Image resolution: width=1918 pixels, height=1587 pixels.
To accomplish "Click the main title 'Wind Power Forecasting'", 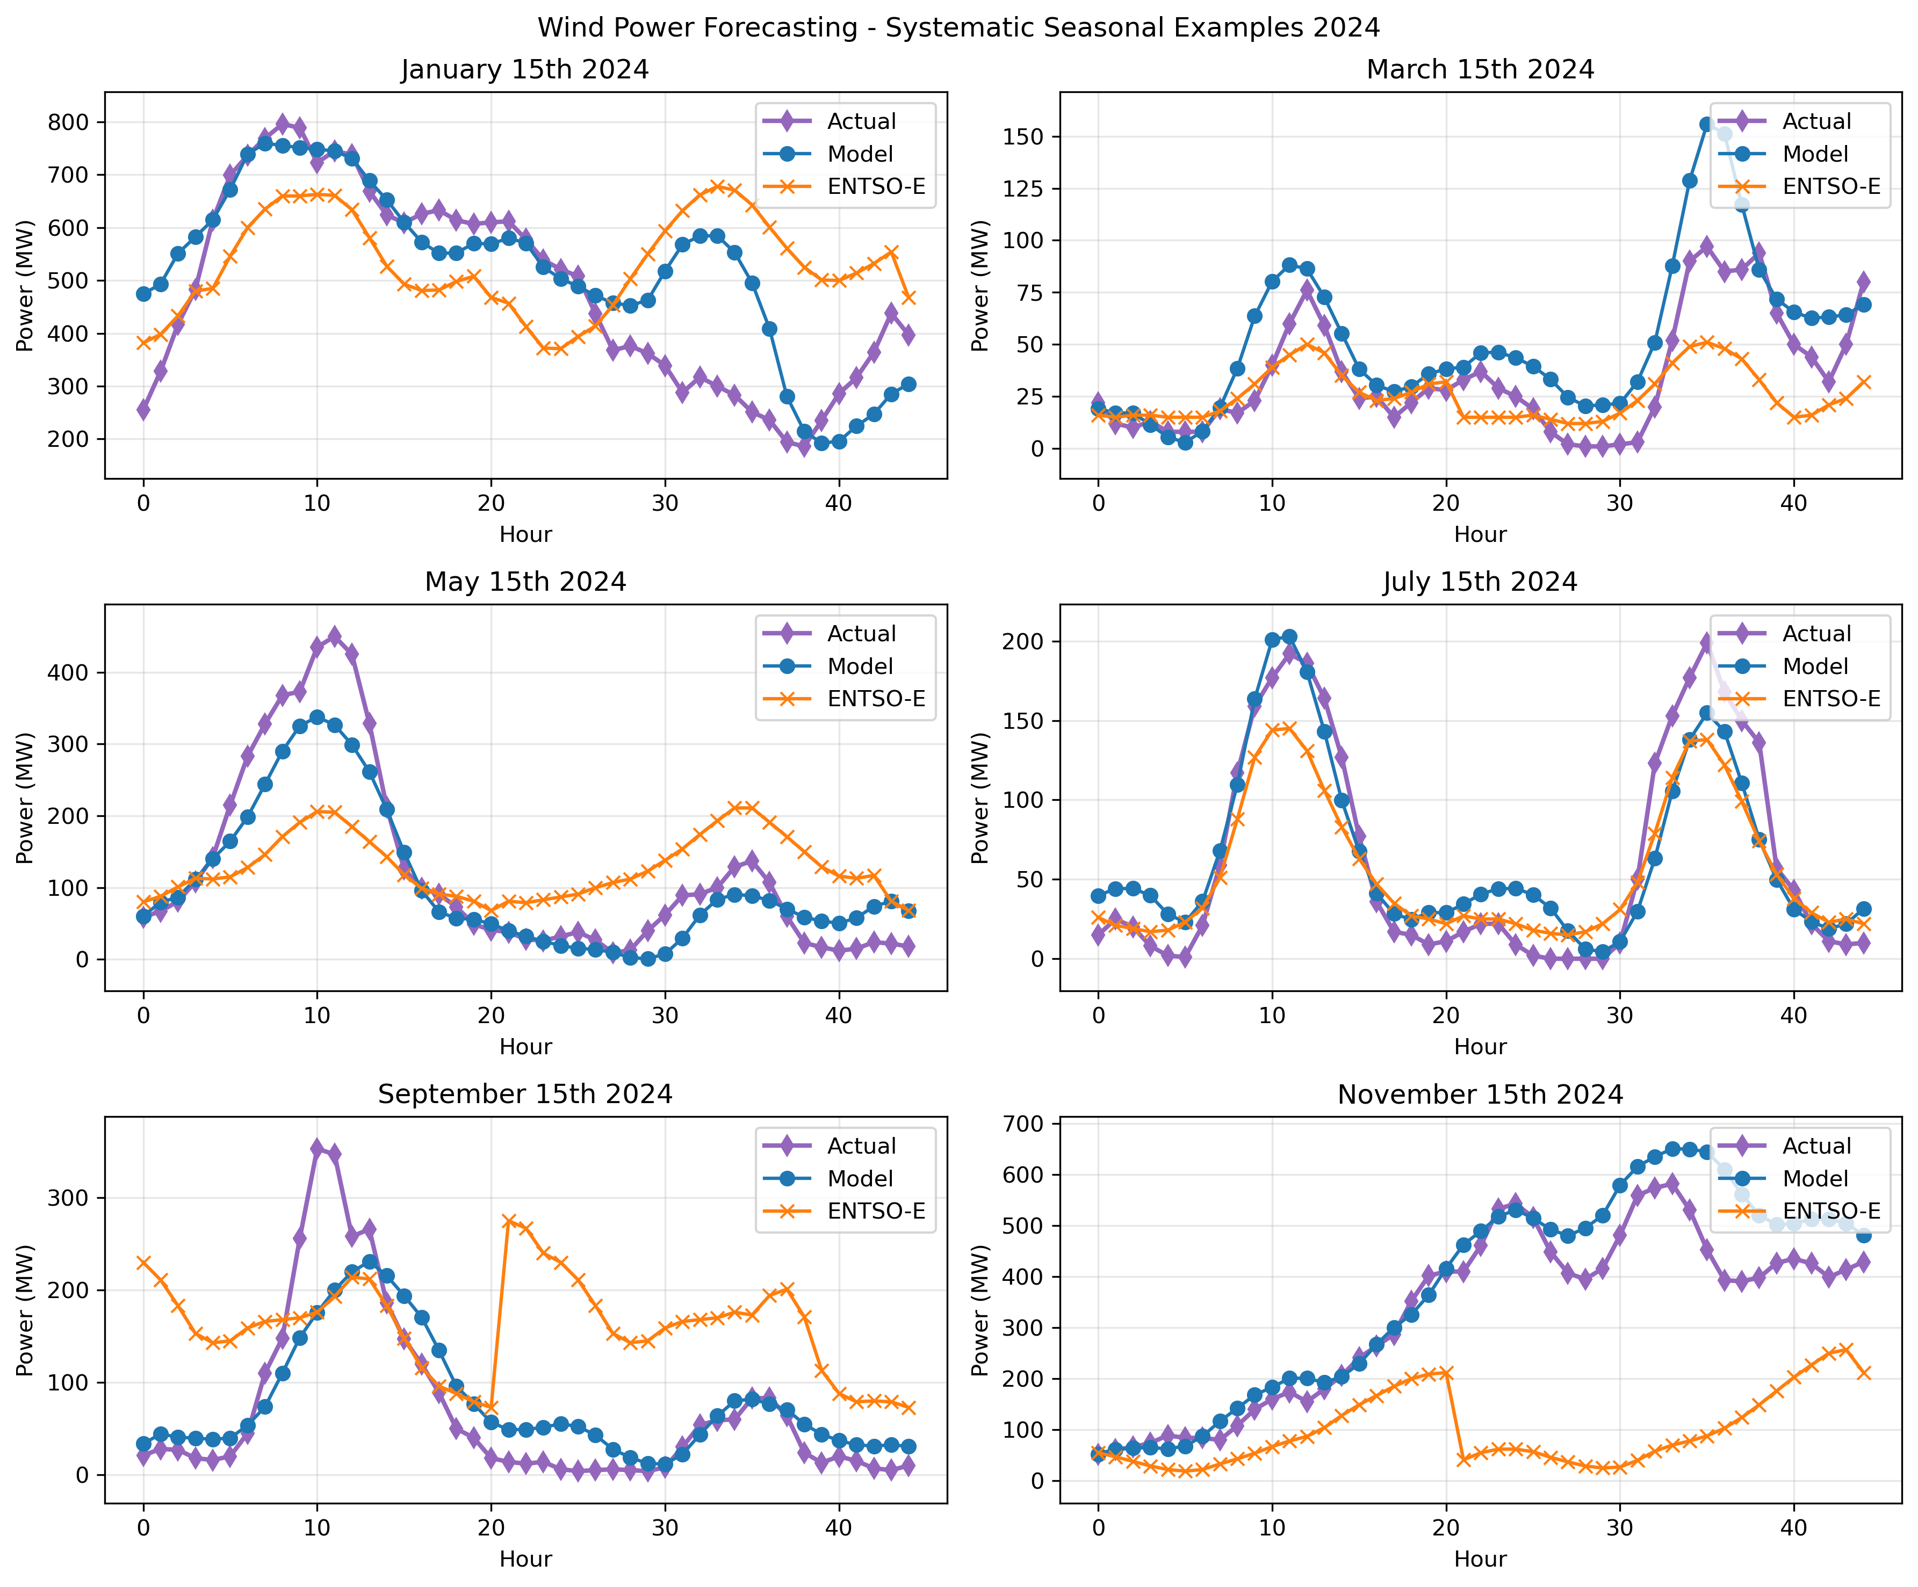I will click(958, 27).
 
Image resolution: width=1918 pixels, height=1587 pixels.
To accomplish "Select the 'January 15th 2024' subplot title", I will click(525, 70).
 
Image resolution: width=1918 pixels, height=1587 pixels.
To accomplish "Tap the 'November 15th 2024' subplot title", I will click(1480, 1095).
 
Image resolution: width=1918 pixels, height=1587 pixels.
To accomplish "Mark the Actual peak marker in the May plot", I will click(334, 635).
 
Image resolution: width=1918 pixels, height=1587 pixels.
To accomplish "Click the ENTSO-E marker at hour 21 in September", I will click(509, 1221).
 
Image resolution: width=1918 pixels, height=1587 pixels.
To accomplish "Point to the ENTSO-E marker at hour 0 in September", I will click(143, 1263).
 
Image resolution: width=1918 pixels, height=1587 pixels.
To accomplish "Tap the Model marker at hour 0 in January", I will click(143, 294).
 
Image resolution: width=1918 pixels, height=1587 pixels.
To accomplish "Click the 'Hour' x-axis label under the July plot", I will click(1480, 1046).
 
